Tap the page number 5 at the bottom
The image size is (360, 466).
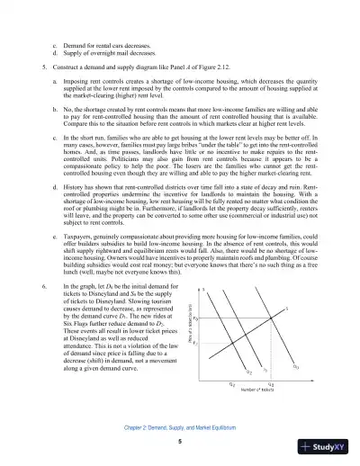point(180,442)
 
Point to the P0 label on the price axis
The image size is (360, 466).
point(219,318)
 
